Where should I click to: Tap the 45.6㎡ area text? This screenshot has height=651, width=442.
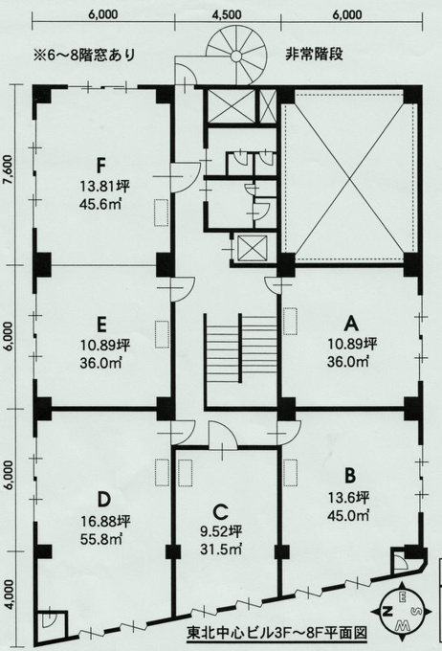click(x=100, y=204)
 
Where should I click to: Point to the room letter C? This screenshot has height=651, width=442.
click(x=220, y=512)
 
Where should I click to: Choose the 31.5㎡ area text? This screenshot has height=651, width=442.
click(x=221, y=550)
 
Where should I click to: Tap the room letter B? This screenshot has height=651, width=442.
click(x=350, y=476)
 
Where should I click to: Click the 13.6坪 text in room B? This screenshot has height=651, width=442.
click(x=348, y=498)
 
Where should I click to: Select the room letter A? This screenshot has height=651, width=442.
click(x=352, y=323)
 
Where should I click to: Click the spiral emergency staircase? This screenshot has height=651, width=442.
click(x=235, y=56)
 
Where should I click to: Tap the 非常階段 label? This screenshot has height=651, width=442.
click(x=314, y=55)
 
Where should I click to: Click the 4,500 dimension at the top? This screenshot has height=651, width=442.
click(x=226, y=14)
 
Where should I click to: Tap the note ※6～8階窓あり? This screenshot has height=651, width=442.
click(x=85, y=55)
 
